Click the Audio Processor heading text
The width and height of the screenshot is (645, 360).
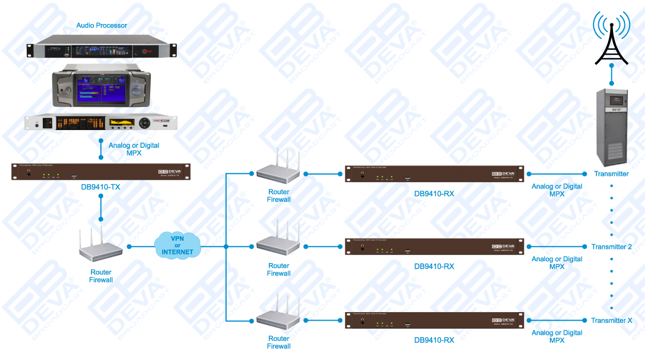pyautogui.click(x=102, y=26)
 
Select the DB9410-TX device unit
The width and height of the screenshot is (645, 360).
pyautogui.click(x=100, y=172)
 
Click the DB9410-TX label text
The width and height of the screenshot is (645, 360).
pyautogui.click(x=100, y=187)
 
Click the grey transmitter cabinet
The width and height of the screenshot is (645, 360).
pyautogui.click(x=611, y=126)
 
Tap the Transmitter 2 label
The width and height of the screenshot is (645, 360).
pyautogui.click(x=611, y=247)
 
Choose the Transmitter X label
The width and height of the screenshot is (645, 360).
pyautogui.click(x=611, y=321)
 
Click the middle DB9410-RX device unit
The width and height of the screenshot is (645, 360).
pyautogui.click(x=433, y=246)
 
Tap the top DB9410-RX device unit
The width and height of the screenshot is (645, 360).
pyautogui.click(x=433, y=173)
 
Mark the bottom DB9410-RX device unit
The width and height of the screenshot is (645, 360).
pyautogui.click(x=433, y=320)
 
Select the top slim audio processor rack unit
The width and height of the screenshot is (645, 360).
pyautogui.click(x=102, y=50)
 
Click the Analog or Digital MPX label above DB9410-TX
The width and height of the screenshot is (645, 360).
pyautogui.click(x=134, y=149)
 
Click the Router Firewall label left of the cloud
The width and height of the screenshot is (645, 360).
pyautogui.click(x=100, y=276)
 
